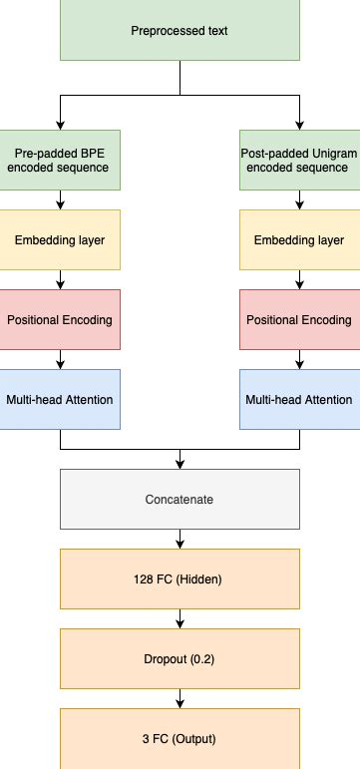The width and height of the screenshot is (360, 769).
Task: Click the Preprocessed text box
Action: (180, 31)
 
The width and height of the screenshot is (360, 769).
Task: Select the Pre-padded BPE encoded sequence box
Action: (60, 160)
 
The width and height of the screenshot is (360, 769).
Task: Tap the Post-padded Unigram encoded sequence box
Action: (299, 160)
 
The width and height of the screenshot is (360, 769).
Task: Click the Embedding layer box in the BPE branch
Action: (60, 239)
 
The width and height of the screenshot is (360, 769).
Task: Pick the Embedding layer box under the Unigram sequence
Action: (299, 239)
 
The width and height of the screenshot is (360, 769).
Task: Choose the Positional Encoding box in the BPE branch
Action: (60, 319)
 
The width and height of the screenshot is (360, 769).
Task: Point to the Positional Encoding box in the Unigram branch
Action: (299, 319)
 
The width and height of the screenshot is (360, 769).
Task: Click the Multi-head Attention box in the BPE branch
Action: (60, 399)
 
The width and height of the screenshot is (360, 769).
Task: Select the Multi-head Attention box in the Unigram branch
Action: (299, 399)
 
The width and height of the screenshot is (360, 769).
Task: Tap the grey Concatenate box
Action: (180, 499)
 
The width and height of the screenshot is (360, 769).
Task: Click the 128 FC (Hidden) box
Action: (180, 578)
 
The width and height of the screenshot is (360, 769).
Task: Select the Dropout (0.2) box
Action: (180, 658)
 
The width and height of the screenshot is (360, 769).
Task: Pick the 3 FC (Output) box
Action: (180, 738)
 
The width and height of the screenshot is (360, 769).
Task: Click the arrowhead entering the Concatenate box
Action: (180, 463)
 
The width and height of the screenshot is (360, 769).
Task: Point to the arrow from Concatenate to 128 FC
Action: (180, 540)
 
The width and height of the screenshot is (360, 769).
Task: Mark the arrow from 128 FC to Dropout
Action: (180, 619)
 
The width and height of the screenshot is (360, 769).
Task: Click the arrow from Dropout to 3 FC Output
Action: (180, 699)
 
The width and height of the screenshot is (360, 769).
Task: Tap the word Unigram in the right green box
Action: (329, 153)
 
